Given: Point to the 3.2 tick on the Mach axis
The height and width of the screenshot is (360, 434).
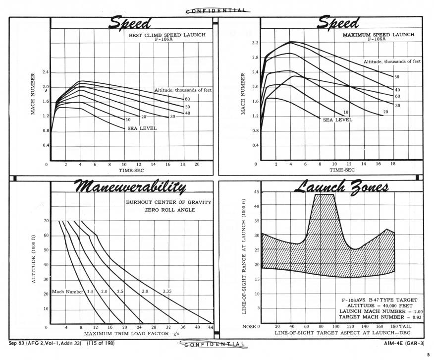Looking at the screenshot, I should coord(255,43).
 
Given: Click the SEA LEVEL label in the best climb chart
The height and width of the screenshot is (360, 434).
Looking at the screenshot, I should coord(142,128).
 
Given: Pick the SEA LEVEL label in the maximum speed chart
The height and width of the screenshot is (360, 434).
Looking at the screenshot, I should coord(337,120).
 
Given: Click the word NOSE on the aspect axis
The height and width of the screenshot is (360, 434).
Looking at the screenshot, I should coord(249,327).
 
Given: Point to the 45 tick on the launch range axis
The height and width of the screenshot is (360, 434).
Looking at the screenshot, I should coord(256,192).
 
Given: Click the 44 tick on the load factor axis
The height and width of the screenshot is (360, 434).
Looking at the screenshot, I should coord(211,327).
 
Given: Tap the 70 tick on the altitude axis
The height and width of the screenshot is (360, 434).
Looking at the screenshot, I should coord(46,221).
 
